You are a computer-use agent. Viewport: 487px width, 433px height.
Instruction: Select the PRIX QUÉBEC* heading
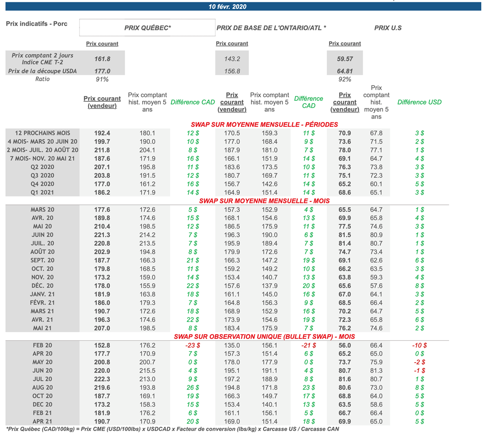147,28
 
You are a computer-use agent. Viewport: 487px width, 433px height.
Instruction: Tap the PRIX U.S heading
388,28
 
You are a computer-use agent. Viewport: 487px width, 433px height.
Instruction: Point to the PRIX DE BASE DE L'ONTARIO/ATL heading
271,28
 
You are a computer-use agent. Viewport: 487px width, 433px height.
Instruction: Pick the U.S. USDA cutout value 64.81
345,71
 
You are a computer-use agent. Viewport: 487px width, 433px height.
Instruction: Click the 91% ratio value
102,79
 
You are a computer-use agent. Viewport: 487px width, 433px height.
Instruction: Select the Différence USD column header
419,102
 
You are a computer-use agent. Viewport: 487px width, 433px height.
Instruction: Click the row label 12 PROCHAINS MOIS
43,133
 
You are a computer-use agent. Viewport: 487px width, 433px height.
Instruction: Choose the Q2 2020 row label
42,167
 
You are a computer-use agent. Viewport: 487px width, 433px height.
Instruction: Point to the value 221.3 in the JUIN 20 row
102,235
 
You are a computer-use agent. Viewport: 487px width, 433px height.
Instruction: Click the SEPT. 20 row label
42,260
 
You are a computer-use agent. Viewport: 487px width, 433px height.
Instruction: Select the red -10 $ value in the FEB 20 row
419,346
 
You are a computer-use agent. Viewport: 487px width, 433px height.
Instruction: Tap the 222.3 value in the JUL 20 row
102,379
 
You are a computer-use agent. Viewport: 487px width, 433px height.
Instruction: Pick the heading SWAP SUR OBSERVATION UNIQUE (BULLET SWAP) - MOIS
264,337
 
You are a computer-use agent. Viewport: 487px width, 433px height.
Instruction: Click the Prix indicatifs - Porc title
37,24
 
